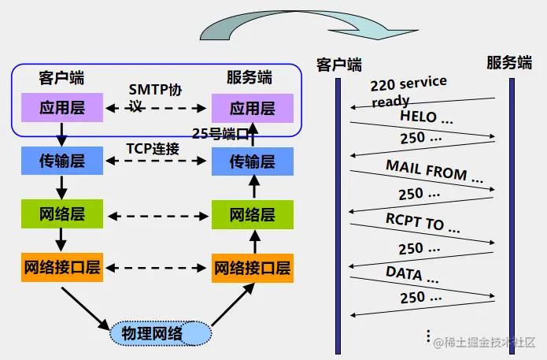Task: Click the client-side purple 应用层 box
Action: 62,108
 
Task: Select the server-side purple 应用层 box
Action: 251,108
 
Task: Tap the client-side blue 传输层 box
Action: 62,161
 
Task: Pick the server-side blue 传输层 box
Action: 251,161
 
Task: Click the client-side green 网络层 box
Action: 62,214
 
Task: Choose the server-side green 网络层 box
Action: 251,214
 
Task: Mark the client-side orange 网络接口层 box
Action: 62,267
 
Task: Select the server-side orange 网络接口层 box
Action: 251,268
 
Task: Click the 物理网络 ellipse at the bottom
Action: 161,333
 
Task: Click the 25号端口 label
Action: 225,132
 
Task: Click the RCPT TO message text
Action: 423,223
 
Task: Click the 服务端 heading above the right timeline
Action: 509,63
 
